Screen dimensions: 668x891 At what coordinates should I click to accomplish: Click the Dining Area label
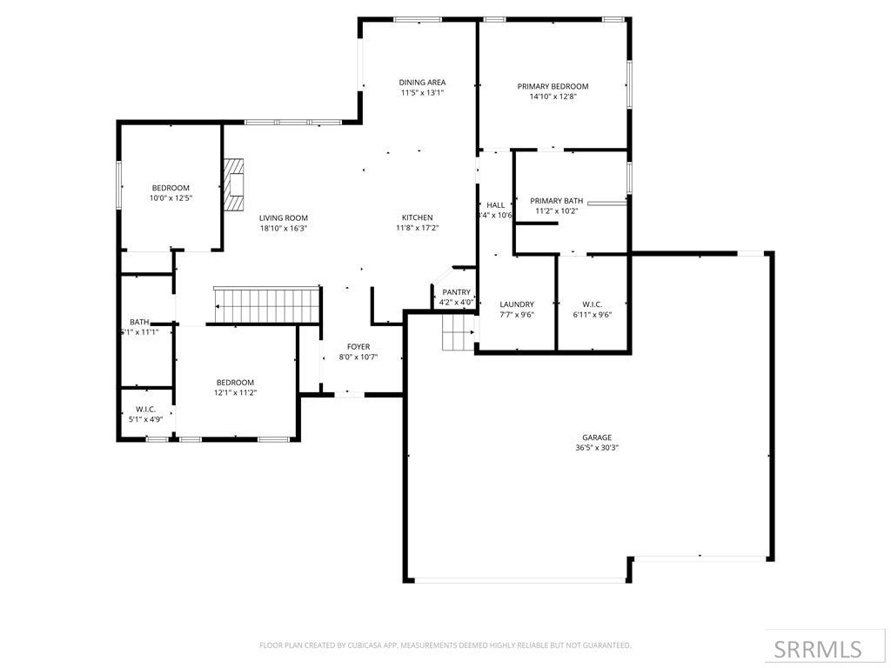click(x=422, y=83)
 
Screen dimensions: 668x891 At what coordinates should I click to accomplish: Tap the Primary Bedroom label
click(x=553, y=86)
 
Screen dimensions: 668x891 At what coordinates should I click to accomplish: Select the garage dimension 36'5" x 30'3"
click(x=596, y=448)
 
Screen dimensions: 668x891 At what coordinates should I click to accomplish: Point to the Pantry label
click(x=456, y=292)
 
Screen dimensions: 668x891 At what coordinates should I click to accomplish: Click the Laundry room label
click(x=517, y=304)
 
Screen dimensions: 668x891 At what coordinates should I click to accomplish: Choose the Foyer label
click(x=358, y=346)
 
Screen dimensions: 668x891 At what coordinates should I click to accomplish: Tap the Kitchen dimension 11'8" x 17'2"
click(x=417, y=228)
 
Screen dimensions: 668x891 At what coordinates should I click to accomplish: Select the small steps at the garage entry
click(x=458, y=332)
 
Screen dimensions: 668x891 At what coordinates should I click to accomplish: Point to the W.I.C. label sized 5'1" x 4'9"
click(x=145, y=409)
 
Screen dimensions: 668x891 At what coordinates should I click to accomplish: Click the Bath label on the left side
click(x=139, y=322)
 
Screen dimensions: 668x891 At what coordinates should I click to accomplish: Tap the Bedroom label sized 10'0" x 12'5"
click(x=171, y=188)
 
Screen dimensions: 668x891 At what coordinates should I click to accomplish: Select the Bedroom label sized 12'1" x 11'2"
click(x=235, y=383)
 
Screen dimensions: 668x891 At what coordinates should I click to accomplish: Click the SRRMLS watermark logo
click(x=818, y=649)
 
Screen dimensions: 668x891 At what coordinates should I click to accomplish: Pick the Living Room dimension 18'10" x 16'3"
click(x=283, y=228)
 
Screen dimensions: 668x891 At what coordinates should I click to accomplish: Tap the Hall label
click(x=496, y=205)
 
